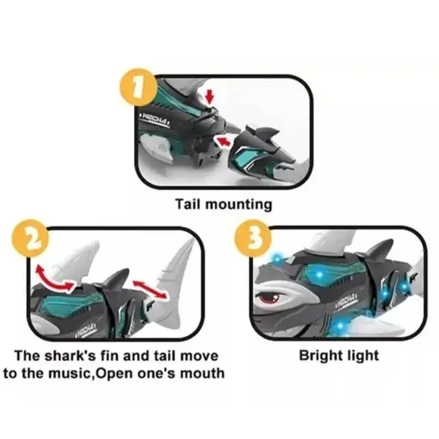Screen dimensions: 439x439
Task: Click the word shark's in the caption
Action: pos(83,356)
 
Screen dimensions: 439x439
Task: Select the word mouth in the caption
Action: pos(204,374)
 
